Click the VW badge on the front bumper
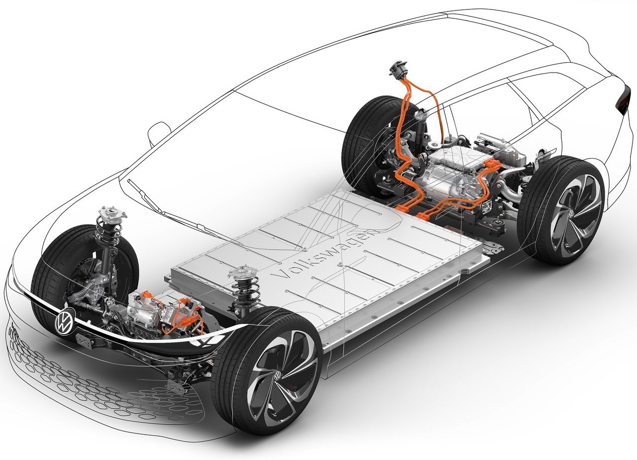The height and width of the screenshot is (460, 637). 64,321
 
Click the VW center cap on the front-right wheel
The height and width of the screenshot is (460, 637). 277,375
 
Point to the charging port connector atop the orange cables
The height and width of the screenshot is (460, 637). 398,69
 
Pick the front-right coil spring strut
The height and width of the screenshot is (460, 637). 244,287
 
